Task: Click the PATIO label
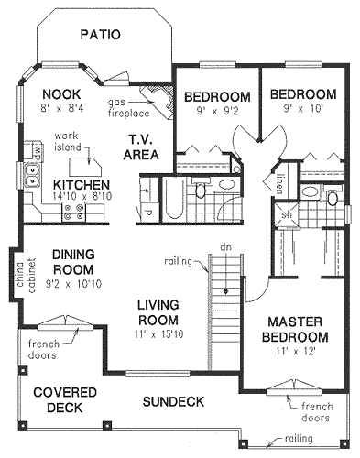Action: pos(100,36)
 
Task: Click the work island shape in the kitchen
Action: pos(92,166)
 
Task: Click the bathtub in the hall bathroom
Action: pos(173,204)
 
